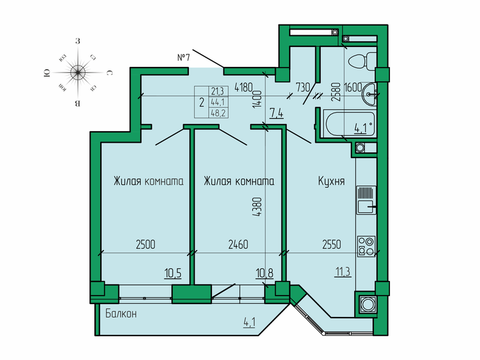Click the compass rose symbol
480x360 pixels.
(x=78, y=72)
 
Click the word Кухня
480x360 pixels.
(x=331, y=181)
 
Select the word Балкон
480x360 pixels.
(x=121, y=313)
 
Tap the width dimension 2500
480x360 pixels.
(x=145, y=244)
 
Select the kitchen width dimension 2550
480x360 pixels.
(x=332, y=244)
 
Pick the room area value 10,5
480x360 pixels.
(x=172, y=273)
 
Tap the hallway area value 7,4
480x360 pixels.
(x=276, y=115)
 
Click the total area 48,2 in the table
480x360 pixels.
(x=218, y=113)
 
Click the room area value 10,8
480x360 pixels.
(x=265, y=273)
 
